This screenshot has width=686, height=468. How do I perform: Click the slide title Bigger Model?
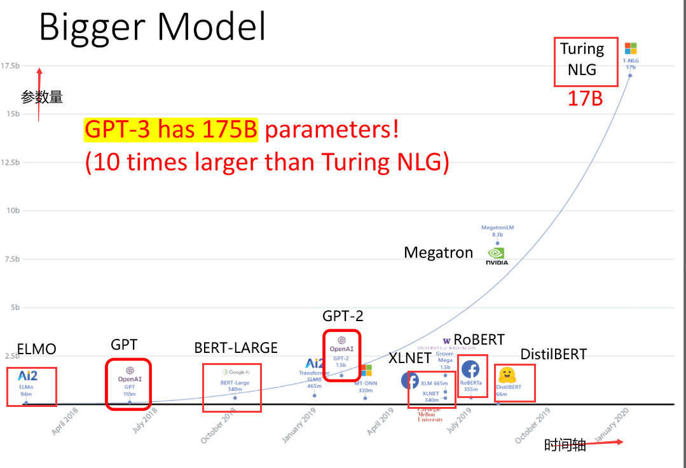tap(153, 27)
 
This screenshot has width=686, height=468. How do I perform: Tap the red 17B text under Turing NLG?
tap(585, 98)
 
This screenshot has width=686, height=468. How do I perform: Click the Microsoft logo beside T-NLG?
tap(631, 49)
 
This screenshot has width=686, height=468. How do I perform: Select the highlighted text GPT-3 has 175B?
tap(171, 130)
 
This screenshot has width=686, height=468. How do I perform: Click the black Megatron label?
tap(439, 253)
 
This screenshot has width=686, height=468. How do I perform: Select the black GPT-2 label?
tap(343, 316)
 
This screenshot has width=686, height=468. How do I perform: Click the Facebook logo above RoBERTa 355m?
tap(470, 369)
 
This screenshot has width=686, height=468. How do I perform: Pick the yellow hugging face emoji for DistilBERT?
tap(507, 375)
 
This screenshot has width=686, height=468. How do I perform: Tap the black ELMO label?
tap(37, 349)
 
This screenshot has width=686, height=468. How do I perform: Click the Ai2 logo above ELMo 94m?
tap(27, 376)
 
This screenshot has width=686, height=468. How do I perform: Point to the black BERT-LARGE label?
tap(236, 348)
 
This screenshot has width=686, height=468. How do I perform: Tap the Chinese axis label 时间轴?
tap(565, 445)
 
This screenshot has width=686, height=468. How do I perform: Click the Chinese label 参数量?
tap(42, 97)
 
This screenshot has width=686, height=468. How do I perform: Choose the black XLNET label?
tap(410, 359)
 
